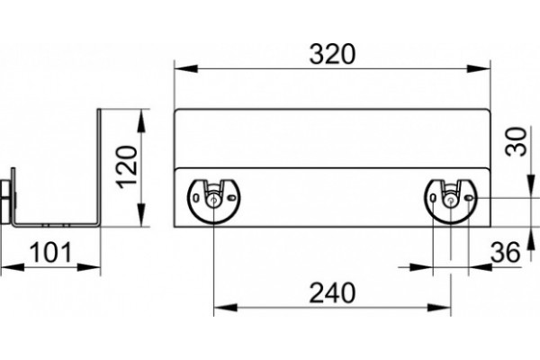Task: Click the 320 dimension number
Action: pyautogui.click(x=332, y=54)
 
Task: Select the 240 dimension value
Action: pyautogui.click(x=332, y=293)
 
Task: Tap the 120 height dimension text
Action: pyautogui.click(x=128, y=167)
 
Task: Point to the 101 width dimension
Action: pyautogui.click(x=50, y=253)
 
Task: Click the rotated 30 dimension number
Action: pyautogui.click(x=517, y=141)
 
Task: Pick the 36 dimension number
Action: pyautogui.click(x=505, y=253)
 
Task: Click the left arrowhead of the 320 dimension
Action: pyautogui.click(x=186, y=68)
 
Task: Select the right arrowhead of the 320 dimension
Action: pyautogui.click(x=479, y=68)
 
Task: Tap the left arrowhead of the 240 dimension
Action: pyautogui.click(x=226, y=308)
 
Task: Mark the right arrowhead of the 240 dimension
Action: pyautogui.click(x=439, y=308)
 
